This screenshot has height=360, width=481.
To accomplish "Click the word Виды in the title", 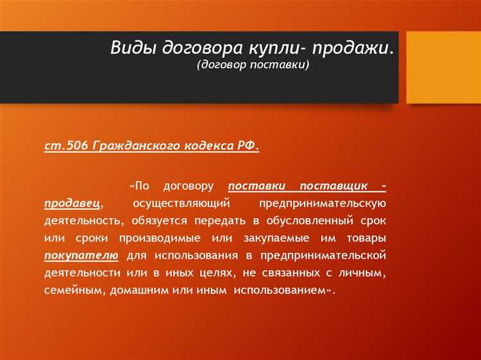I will coord(133,49).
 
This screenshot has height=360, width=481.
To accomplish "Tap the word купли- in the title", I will coord(265,49).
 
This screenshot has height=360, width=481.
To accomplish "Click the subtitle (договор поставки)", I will coord(253,65).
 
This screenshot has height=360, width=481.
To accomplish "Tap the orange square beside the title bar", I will coord(444,67).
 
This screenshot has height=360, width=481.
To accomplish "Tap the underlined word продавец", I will coord(71,203).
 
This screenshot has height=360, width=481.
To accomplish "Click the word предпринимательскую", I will coord(322,203).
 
